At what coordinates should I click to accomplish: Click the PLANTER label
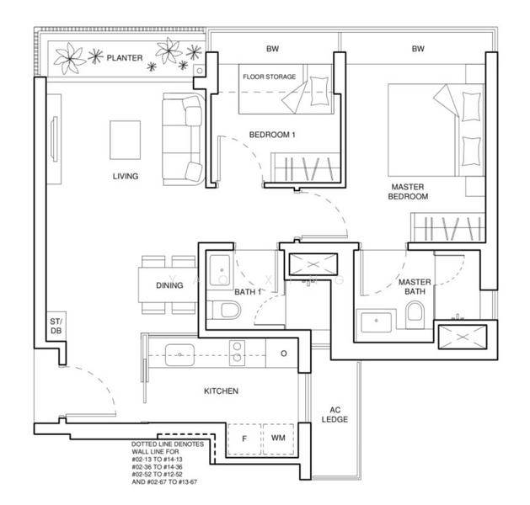(125, 58)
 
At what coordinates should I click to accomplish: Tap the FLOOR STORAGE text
(269, 77)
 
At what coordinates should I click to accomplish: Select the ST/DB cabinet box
(56, 326)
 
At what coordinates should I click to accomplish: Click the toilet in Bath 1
(224, 311)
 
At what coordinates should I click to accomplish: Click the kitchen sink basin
(179, 355)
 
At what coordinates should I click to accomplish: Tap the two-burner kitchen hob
(238, 353)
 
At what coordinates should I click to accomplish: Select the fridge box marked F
(244, 439)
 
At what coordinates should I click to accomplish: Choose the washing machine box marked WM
(278, 439)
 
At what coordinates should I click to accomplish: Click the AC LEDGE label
(335, 415)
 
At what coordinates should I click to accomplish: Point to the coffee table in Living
(125, 140)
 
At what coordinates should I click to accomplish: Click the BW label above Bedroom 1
(272, 49)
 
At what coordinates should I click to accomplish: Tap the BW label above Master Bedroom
(418, 49)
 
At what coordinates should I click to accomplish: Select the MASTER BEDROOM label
(408, 192)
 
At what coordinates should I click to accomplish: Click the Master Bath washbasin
(376, 322)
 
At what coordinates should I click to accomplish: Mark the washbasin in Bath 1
(220, 270)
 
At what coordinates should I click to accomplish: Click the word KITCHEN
(221, 391)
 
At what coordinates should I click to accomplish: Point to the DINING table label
(169, 285)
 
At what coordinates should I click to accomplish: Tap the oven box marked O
(284, 353)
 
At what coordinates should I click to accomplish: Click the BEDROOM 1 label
(272, 135)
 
